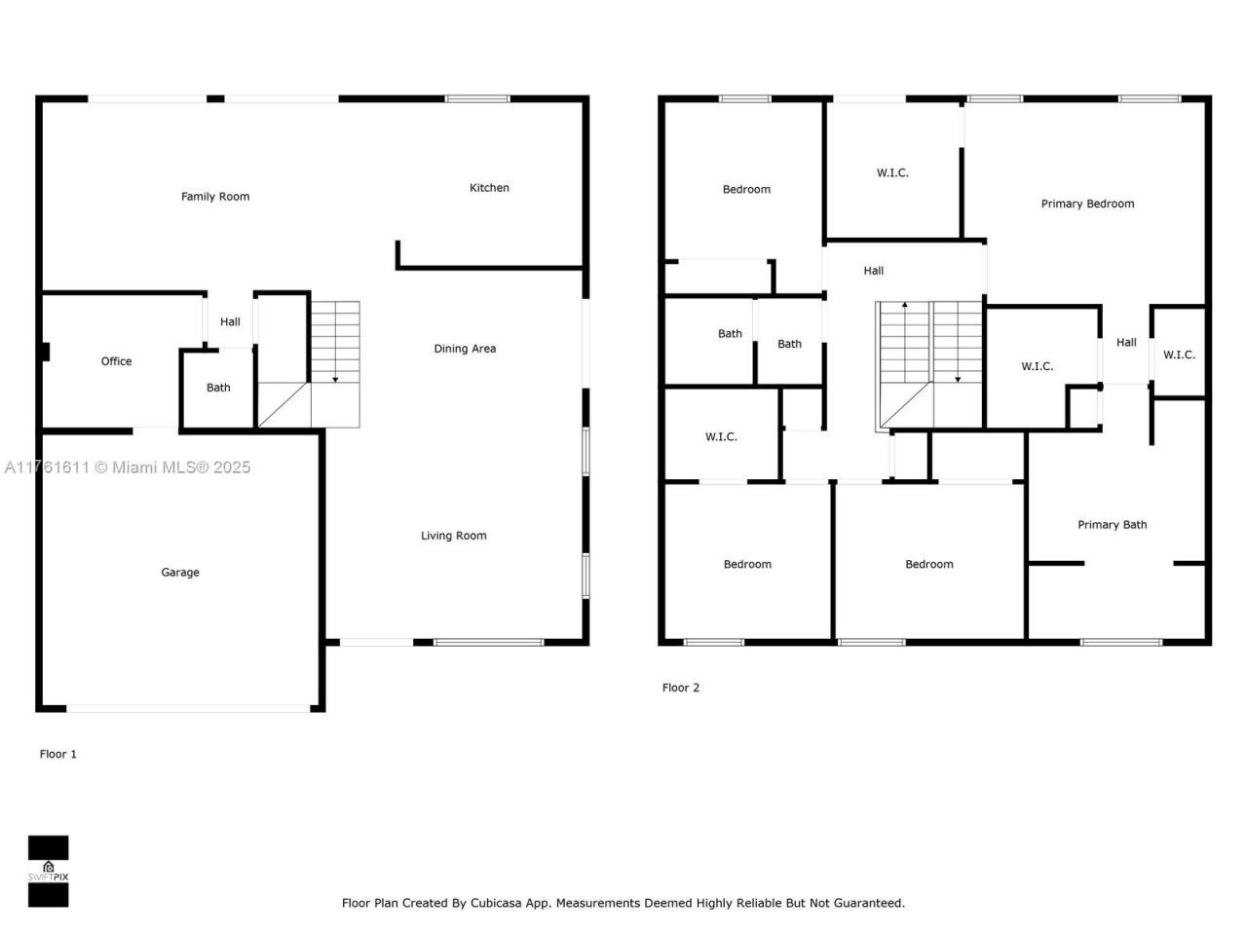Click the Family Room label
pyautogui.click(x=215, y=197)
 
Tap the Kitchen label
pyautogui.click(x=489, y=188)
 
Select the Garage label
pyautogui.click(x=180, y=573)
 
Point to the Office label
pyautogui.click(x=116, y=361)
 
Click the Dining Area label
pyautogui.click(x=465, y=349)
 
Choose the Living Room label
pyautogui.click(x=453, y=536)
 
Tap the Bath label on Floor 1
pyautogui.click(x=218, y=388)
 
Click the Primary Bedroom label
pyautogui.click(x=1087, y=204)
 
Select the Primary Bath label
pyautogui.click(x=1112, y=525)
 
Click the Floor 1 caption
pyautogui.click(x=57, y=754)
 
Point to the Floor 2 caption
pyautogui.click(x=680, y=688)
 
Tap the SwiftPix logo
pyautogui.click(x=48, y=871)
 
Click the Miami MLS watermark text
pyautogui.click(x=127, y=467)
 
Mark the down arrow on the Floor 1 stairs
pyautogui.click(x=335, y=378)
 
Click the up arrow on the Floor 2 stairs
pyautogui.click(x=904, y=306)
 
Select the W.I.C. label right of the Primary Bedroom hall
pyautogui.click(x=1179, y=355)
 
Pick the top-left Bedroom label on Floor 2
pyautogui.click(x=746, y=190)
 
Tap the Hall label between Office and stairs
pyautogui.click(x=230, y=322)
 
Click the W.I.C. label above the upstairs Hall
pyautogui.click(x=892, y=173)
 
